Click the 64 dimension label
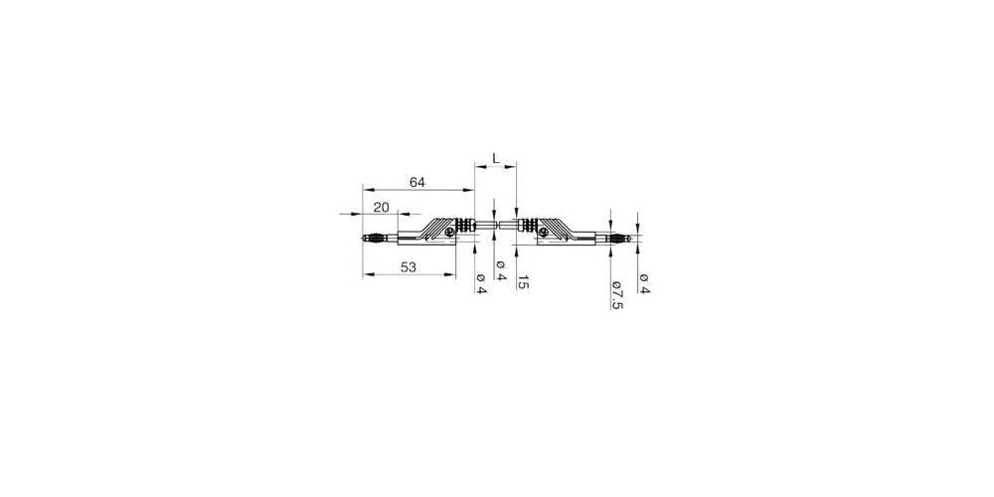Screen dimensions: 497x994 click(415, 181)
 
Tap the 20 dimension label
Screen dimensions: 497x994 click(381, 207)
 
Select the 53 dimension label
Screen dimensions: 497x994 click(408, 266)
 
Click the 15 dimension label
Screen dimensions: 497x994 click(524, 284)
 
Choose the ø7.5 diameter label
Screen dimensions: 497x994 click(617, 293)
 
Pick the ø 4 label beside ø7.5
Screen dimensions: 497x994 click(643, 283)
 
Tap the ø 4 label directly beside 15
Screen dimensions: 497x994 click(501, 271)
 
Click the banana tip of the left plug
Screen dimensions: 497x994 click(371, 240)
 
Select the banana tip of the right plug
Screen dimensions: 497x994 click(621, 240)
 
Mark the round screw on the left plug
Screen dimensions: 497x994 click(450, 233)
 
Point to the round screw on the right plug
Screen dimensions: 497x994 click(543, 233)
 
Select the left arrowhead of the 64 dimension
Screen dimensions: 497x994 click(366, 189)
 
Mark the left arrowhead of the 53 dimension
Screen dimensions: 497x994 click(366, 274)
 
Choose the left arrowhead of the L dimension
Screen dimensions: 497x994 click(479, 169)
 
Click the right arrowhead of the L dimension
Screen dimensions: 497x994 click(513, 169)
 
